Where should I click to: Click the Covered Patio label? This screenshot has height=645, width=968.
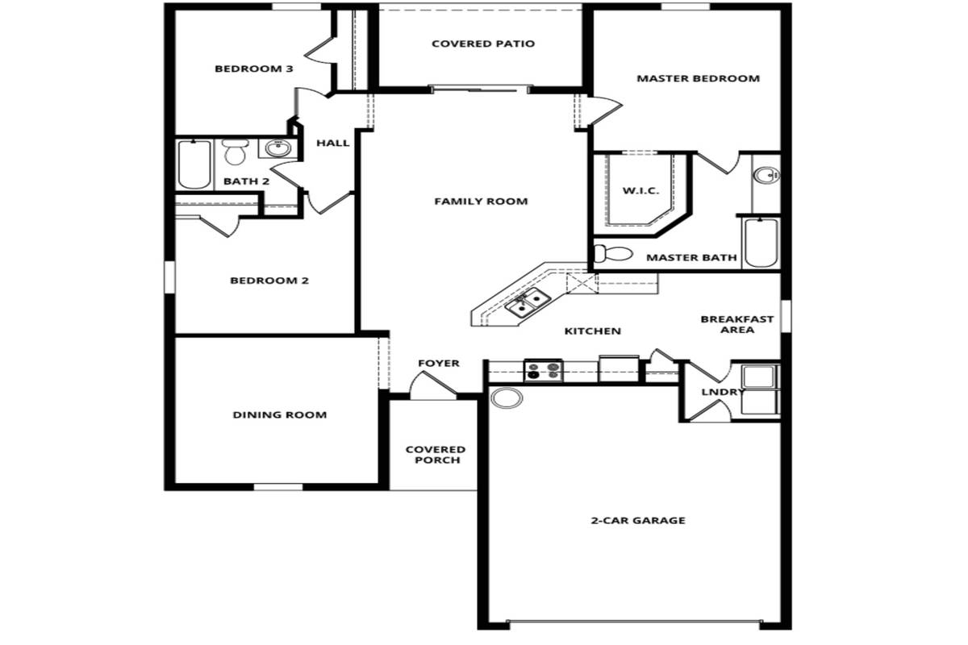[483, 44]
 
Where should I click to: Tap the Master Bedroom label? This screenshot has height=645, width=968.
[698, 79]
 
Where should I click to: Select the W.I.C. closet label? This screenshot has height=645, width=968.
[640, 190]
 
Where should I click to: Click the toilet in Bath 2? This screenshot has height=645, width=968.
[235, 152]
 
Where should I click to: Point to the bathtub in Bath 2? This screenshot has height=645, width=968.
[194, 164]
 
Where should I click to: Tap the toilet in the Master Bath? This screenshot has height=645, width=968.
[613, 254]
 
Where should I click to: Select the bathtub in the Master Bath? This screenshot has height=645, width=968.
[761, 243]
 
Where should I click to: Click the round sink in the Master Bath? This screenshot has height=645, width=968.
[766, 176]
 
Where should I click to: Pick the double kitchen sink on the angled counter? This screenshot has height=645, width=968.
[528, 303]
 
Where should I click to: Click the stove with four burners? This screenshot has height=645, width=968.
[543, 371]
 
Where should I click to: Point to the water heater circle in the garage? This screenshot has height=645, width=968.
[507, 398]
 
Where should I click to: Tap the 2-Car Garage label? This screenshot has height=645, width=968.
[638, 520]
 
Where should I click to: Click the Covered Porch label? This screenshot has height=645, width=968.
[436, 455]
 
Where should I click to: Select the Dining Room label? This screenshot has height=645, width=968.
[280, 414]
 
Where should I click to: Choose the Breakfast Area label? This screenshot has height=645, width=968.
[737, 324]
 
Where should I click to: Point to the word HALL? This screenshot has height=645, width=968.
[332, 143]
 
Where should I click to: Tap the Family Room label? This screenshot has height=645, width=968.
[481, 202]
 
